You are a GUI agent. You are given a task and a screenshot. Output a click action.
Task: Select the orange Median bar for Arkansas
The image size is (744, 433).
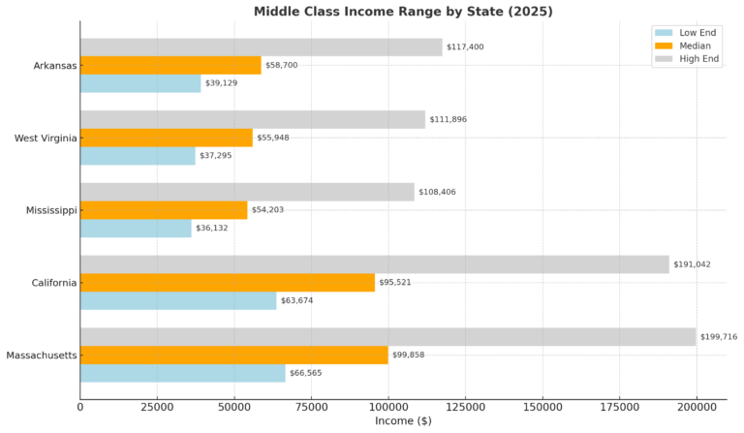170,65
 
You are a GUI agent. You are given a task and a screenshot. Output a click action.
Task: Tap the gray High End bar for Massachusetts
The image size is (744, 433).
387,337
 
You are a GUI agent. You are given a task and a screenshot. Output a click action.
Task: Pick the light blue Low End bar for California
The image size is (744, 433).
178,300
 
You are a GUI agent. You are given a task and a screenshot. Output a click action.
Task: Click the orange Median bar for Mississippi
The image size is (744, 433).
164,210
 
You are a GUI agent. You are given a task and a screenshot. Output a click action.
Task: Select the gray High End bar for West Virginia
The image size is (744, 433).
252,119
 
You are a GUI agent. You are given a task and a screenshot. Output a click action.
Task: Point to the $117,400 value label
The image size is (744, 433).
465,46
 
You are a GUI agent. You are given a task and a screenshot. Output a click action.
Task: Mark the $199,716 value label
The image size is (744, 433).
719,337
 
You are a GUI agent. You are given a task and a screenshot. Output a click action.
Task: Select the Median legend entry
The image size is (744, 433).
690,46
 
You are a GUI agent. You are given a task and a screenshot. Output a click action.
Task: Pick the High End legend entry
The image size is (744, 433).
693,59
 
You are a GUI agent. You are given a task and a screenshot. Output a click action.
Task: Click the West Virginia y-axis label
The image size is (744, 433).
45,138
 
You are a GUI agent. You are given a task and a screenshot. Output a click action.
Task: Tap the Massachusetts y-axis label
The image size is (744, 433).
41,356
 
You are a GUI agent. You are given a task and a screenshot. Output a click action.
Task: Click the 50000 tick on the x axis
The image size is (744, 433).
233,408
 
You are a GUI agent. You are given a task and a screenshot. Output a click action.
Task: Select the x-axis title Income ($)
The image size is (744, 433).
403,422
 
